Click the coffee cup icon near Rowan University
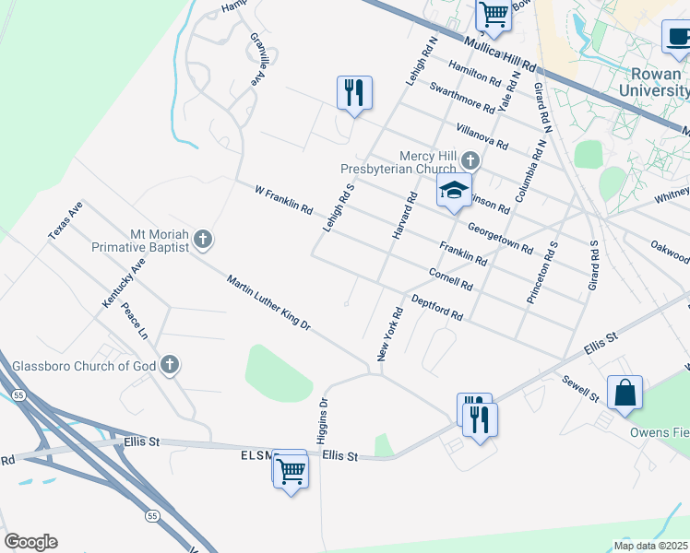coord(677,38)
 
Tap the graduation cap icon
coord(454,191)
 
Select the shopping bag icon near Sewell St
coord(625,391)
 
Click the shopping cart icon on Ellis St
coord(291,470)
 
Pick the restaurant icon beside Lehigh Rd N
coord(354,93)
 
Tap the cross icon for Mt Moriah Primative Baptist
coord(204,240)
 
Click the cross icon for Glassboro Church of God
coord(169,365)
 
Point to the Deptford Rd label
coord(436,307)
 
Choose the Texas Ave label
coord(65,222)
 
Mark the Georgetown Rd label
coord(500,237)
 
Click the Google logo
coord(30,542)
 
